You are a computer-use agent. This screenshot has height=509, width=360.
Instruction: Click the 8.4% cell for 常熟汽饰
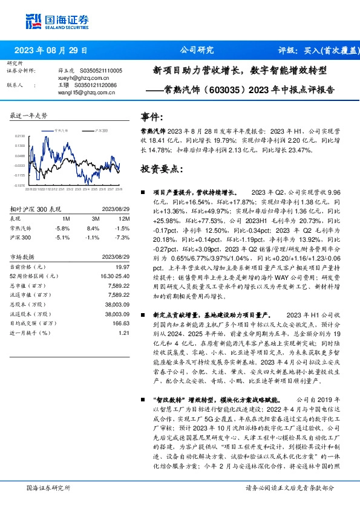click(93, 229)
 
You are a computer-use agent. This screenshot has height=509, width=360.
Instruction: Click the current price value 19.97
click(123, 267)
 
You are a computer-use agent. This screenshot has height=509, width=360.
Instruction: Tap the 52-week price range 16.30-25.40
click(115, 276)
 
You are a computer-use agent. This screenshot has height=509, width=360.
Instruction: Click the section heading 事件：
click(152, 117)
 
